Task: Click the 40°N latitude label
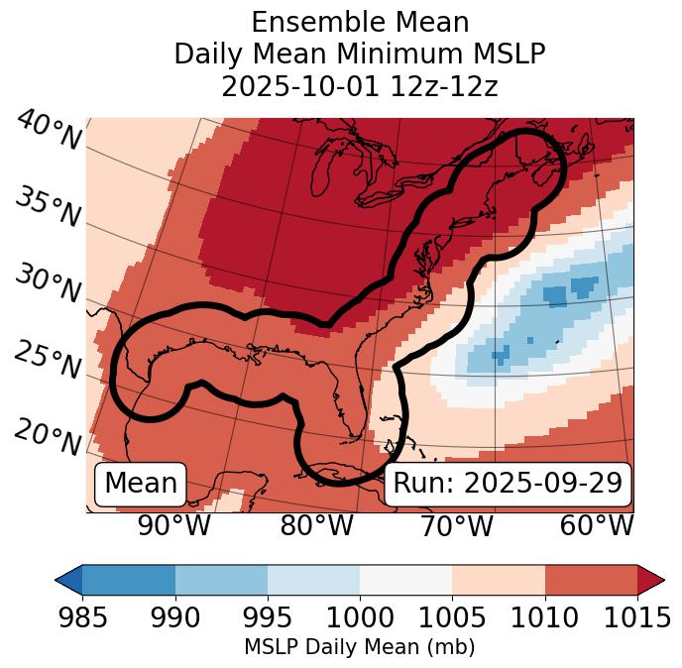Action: (48, 131)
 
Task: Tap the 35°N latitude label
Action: (48, 207)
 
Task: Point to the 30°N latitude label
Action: (48, 283)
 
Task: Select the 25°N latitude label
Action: (48, 360)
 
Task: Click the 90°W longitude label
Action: (173, 525)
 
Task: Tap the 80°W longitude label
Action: (316, 525)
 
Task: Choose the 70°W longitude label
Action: (457, 525)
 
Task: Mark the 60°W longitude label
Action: (597, 525)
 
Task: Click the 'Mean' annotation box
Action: (141, 484)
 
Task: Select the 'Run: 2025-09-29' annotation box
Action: (508, 484)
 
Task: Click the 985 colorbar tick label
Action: (82, 617)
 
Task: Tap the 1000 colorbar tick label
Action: (360, 617)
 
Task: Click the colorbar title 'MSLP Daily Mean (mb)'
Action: (359, 647)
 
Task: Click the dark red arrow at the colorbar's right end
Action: (651, 579)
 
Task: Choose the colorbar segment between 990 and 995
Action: (221, 579)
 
